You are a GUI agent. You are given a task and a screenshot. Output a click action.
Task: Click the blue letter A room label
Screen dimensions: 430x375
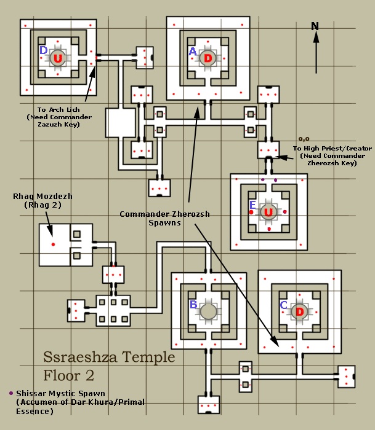(x=192, y=53)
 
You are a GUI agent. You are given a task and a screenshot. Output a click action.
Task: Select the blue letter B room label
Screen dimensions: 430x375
(x=193, y=305)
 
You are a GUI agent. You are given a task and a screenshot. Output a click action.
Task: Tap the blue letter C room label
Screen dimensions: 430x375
(x=283, y=305)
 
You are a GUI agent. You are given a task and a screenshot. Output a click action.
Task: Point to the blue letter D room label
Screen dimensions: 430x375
(x=43, y=50)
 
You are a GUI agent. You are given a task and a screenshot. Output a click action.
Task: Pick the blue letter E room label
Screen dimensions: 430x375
(x=252, y=205)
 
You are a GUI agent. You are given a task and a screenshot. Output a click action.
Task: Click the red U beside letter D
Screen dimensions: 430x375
(x=58, y=58)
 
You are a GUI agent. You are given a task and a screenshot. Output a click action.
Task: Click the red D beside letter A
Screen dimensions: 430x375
(x=208, y=58)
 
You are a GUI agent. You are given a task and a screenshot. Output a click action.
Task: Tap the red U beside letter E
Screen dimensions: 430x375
(x=268, y=213)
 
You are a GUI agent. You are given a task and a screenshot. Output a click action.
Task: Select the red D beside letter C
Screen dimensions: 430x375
(x=300, y=311)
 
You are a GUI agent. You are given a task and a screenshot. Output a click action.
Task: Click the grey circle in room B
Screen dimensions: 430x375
(x=208, y=311)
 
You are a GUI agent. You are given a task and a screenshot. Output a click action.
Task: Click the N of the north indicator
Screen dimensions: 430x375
(x=315, y=26)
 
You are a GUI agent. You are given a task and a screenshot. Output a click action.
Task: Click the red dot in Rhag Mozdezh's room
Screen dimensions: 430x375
(x=53, y=244)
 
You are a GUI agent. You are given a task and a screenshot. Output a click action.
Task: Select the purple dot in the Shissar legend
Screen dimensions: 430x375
(x=10, y=393)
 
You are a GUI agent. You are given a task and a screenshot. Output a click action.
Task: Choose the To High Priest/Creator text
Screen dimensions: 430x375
(x=323, y=148)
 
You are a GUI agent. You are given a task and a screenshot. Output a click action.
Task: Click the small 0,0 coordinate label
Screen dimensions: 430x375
(x=304, y=139)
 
